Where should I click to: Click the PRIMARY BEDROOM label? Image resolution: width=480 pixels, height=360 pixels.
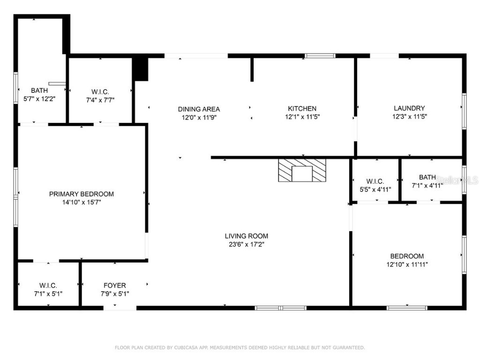tap(82, 194)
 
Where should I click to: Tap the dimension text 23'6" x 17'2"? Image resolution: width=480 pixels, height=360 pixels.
tap(246, 244)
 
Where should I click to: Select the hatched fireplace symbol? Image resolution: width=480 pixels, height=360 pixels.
tap(302, 170)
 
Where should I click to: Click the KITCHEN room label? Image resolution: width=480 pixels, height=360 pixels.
tap(302, 108)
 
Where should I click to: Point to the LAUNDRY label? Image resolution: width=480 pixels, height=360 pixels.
tap(409, 108)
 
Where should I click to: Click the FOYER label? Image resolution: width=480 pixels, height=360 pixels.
tap(114, 285)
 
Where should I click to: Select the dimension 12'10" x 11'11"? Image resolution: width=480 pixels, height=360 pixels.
tap(407, 264)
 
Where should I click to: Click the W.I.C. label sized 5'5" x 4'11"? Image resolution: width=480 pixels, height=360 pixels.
tap(375, 181)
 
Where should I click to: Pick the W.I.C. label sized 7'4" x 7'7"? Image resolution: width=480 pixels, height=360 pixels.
tap(100, 91)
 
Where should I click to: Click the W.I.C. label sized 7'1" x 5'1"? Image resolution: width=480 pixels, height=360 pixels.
tap(48, 285)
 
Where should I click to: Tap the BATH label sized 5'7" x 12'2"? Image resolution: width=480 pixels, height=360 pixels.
tap(39, 90)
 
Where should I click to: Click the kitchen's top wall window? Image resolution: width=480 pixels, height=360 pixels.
tap(320, 56)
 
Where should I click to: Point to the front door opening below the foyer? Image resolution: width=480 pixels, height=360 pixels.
tap(120, 308)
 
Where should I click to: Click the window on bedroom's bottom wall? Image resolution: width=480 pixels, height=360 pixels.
tap(406, 308)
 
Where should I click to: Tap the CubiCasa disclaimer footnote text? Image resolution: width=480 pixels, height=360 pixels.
tap(240, 347)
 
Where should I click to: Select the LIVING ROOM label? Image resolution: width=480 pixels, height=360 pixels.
tap(246, 236)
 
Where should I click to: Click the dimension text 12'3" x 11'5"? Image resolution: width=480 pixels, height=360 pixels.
tap(409, 116)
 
